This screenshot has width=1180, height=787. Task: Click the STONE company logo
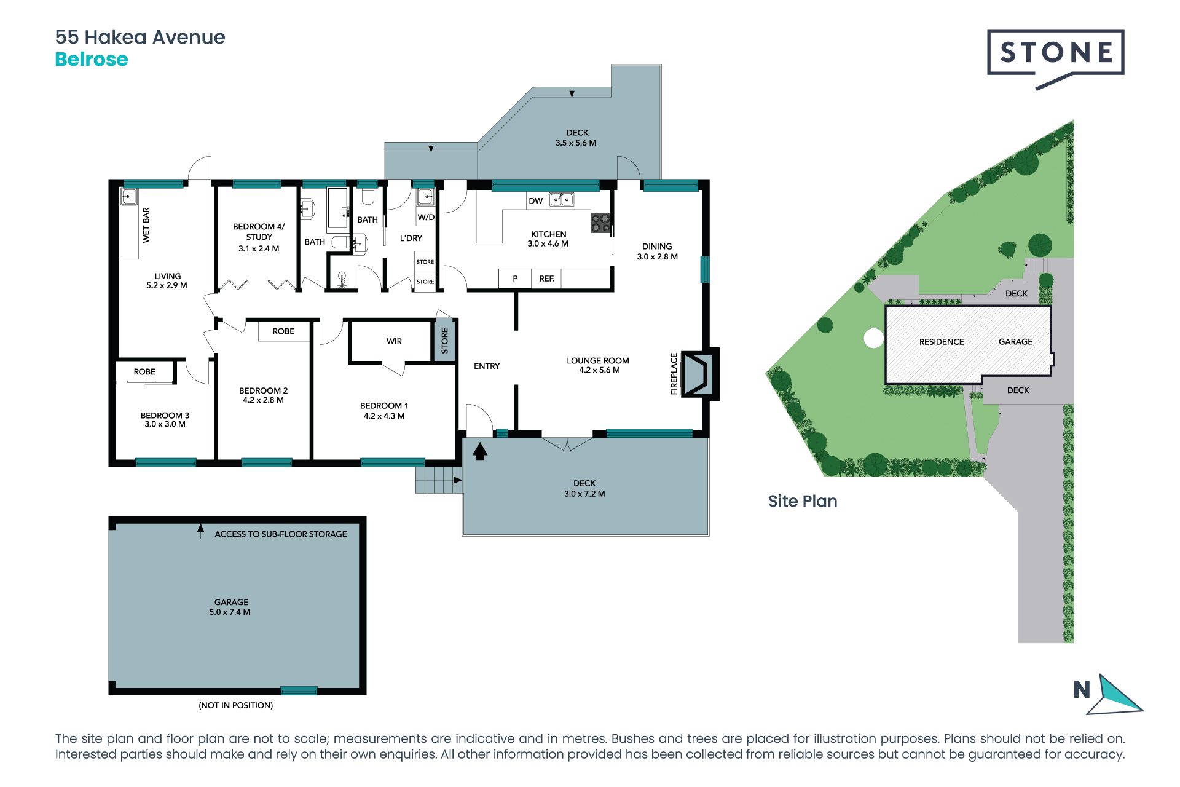[1055, 59]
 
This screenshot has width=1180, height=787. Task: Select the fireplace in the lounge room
[699, 374]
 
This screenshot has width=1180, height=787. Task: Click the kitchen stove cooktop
[600, 223]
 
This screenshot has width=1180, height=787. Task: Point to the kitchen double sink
[561, 199]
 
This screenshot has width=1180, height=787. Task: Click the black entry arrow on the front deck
[480, 451]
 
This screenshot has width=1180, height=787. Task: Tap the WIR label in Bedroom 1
[394, 341]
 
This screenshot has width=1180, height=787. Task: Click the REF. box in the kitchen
[546, 279]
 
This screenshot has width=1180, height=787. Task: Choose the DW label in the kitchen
[535, 201]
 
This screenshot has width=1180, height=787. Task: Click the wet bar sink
[128, 197]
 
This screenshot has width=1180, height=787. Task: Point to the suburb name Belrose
[92, 60]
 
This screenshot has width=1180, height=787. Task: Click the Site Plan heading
[803, 501]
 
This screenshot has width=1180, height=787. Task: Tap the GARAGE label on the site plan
[1015, 342]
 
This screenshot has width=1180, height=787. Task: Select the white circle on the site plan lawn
[873, 338]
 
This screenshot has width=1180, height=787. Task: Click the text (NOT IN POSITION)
[235, 705]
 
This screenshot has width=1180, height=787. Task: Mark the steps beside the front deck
[439, 480]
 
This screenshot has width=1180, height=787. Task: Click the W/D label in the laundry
[426, 217]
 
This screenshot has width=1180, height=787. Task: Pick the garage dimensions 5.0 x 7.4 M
[230, 612]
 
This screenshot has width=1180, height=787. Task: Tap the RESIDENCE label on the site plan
[942, 342]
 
